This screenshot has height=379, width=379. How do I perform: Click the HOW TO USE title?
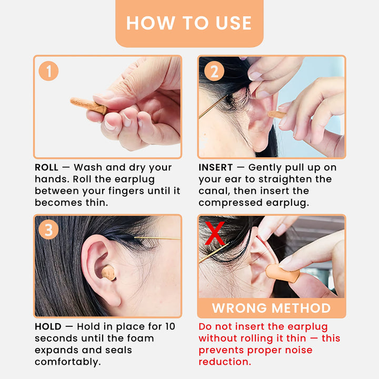[x=189, y=23]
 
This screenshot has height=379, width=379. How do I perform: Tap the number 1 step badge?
[x=49, y=71]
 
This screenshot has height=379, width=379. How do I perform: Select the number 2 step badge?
[x=213, y=71]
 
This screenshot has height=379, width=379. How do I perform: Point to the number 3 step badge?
[x=49, y=230]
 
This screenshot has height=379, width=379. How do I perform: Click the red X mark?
[x=214, y=233]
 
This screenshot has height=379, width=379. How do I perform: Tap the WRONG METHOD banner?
[x=271, y=308]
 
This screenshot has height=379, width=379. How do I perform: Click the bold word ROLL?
[x=46, y=167]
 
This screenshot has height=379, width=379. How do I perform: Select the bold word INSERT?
[x=215, y=167]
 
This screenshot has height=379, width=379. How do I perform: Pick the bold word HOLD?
[x=48, y=327]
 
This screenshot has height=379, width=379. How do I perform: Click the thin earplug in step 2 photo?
[x=276, y=114]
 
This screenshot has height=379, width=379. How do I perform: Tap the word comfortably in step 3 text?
[x=67, y=362]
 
